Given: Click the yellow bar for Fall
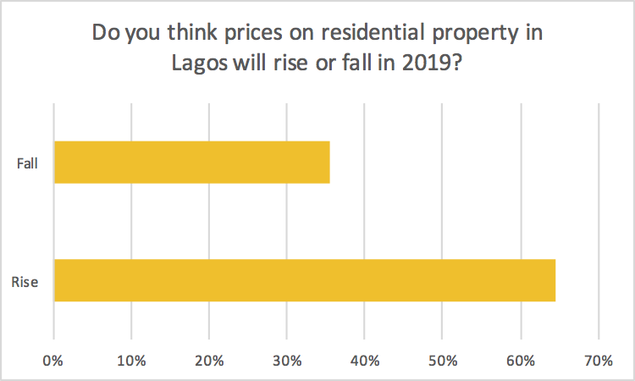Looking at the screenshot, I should coord(191,163).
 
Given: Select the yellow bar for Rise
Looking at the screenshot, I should coord(305,280).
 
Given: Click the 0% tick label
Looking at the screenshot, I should coord(53,360).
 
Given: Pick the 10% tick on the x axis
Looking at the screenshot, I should coord(130,360).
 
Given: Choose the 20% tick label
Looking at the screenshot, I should coord(208,360).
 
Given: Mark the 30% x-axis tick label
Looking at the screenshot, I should coord(286,360).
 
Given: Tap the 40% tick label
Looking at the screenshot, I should coord(364,360).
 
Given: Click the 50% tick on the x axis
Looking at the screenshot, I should coord(442,360).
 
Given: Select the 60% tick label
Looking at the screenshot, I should coord(520,360).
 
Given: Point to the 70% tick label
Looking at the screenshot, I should coord(598,360).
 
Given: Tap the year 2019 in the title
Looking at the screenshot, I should coord(439,65).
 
